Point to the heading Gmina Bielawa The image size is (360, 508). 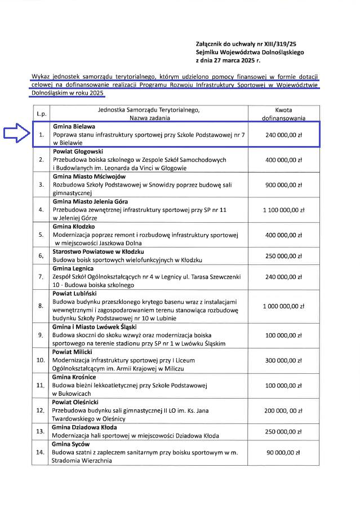tap(74, 127)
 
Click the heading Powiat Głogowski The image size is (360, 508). tap(78, 152)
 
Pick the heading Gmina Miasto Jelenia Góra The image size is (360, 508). tap(90, 201)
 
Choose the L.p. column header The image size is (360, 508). tap(41, 114)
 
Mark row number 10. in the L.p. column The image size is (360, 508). tap(41, 359)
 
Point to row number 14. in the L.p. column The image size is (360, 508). tap(41, 452)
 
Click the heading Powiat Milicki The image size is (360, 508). tap(74, 351)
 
